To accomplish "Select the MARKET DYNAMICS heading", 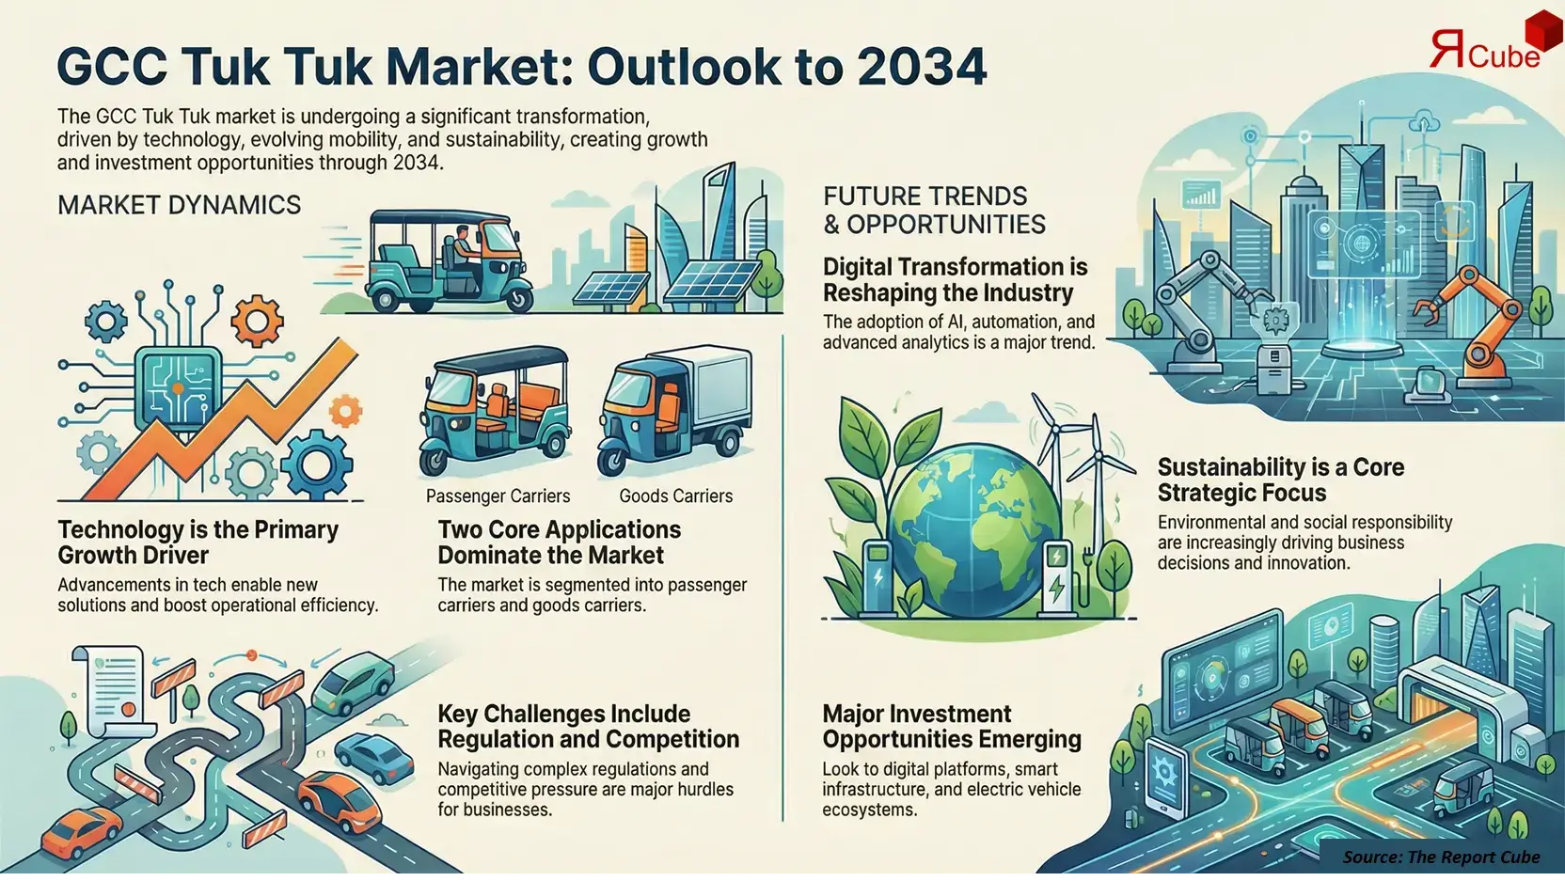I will click(x=179, y=205).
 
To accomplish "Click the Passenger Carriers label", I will click(x=498, y=496).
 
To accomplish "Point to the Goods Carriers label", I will click(x=675, y=496).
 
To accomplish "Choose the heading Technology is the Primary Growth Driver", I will click(x=198, y=543).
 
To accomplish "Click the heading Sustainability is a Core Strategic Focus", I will click(x=1280, y=480).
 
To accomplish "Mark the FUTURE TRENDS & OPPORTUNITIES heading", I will click(x=933, y=211).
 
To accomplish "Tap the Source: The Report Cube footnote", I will click(x=1440, y=857).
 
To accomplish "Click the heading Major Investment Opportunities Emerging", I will click(x=951, y=727).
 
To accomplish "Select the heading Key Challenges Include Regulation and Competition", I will click(x=588, y=727).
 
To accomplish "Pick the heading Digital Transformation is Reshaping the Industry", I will click(x=955, y=279).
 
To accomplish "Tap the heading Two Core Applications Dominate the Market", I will click(x=559, y=543).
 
